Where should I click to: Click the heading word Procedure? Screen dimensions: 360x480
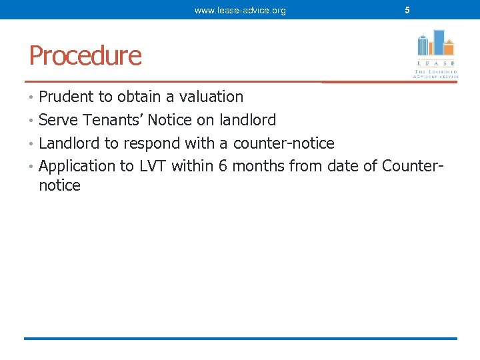pyautogui.click(x=85, y=55)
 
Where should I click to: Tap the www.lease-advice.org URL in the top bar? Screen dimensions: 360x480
pyautogui.click(x=240, y=11)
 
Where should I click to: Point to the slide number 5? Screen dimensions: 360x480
pyautogui.click(x=407, y=10)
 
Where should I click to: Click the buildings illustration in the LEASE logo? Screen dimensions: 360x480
pyautogui.click(x=435, y=43)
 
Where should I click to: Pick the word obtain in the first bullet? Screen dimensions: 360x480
pyautogui.click(x=141, y=97)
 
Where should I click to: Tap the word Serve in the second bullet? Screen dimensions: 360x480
pyautogui.click(x=58, y=120)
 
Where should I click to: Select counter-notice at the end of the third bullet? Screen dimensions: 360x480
pyautogui.click(x=283, y=143)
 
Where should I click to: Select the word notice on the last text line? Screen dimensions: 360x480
pyautogui.click(x=59, y=185)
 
